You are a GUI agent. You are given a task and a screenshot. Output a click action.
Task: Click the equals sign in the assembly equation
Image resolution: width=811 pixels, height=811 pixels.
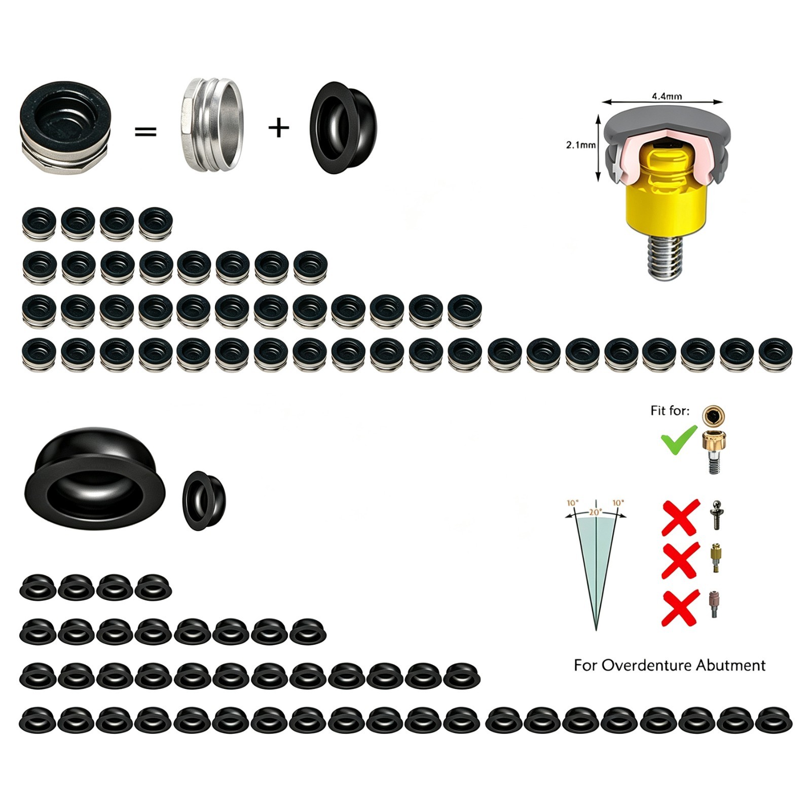click(x=145, y=132)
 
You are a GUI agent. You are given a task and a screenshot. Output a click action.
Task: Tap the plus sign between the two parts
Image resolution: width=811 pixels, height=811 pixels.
click(x=278, y=127)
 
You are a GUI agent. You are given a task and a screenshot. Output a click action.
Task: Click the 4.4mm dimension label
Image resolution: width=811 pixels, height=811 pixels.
click(x=667, y=96)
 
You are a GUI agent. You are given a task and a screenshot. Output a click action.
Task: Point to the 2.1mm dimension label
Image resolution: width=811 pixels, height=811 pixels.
click(x=581, y=145)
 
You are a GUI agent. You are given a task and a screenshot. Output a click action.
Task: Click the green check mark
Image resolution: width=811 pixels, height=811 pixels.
click(x=679, y=440)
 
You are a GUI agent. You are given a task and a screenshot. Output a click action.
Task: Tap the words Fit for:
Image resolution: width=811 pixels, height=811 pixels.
click(x=670, y=411)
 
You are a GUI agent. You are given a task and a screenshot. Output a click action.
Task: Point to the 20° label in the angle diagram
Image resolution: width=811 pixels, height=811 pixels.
click(x=595, y=512)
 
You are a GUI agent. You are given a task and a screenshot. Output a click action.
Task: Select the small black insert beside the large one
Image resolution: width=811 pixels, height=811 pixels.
click(x=204, y=501)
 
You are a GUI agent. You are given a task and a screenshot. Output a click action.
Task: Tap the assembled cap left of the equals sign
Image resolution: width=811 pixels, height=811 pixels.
click(x=65, y=125)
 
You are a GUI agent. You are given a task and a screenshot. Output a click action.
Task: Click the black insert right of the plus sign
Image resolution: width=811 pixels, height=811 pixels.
click(x=343, y=128)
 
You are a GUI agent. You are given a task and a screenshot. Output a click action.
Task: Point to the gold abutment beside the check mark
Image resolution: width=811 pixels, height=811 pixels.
click(x=713, y=440)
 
